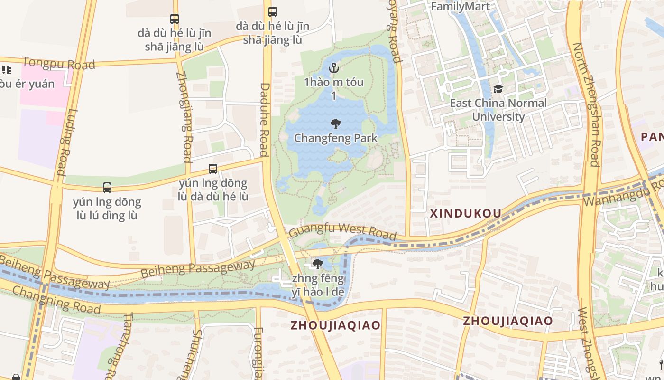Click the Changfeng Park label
click(x=336, y=138)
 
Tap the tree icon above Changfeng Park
click(x=336, y=124)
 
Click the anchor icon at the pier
click(x=334, y=68)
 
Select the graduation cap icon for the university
click(x=498, y=89)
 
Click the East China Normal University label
click(x=498, y=110)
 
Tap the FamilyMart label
click(x=460, y=6)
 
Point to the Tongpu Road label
click(x=58, y=63)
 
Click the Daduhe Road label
click(x=265, y=120)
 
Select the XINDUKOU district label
click(x=465, y=214)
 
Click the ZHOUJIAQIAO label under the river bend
click(x=335, y=325)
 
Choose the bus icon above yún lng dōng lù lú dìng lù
click(x=107, y=188)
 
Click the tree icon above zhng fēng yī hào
click(x=317, y=264)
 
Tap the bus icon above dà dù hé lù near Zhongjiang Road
click(x=175, y=19)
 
